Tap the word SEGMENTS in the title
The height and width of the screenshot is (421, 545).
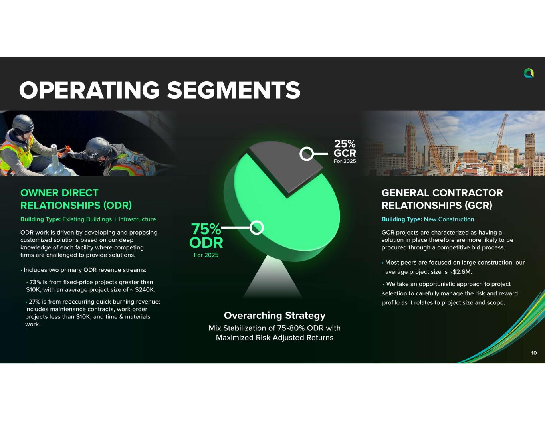[x=234, y=90]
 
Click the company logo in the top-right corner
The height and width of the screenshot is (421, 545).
[x=529, y=73]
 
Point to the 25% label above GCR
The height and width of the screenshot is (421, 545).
[x=345, y=144]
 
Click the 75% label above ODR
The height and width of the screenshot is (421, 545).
[x=206, y=229]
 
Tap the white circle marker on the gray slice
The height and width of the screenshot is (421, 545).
[x=307, y=154]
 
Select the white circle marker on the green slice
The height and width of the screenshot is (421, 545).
[x=257, y=227]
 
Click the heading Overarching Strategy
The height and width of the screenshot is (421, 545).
[x=275, y=316]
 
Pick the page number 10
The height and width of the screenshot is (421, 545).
[x=534, y=353]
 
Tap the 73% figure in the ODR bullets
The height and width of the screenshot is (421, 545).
[x=36, y=282]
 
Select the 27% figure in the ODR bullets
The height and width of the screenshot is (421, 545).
[x=35, y=302]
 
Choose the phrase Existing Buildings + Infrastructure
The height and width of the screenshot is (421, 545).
[x=109, y=219]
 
